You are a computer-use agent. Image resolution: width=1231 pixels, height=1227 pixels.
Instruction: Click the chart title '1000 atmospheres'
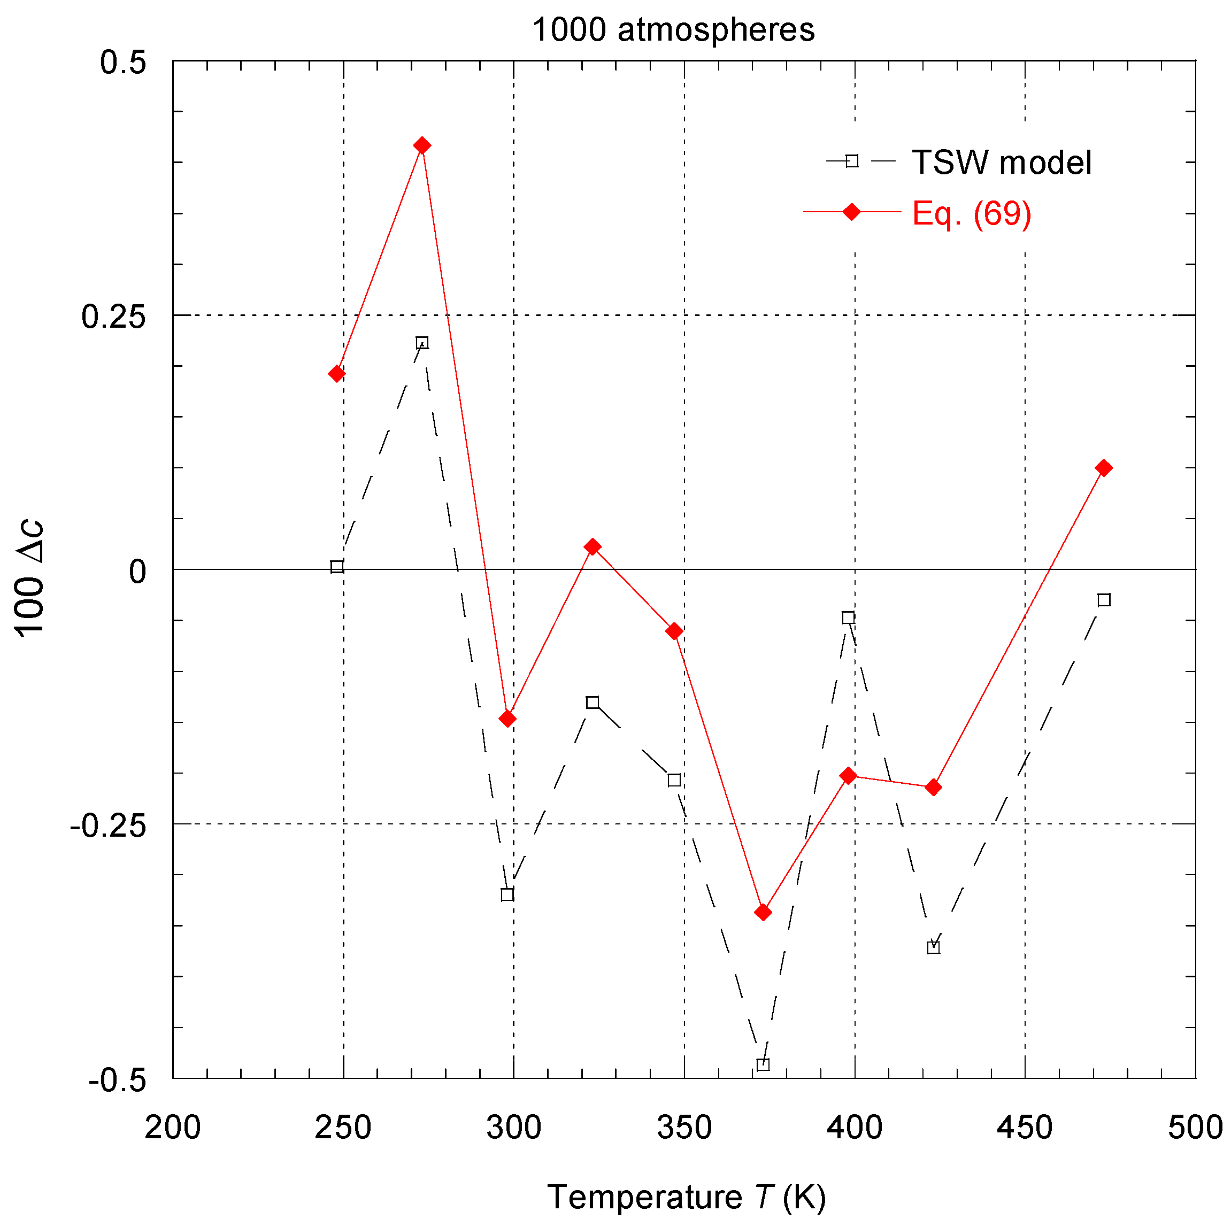[x=673, y=30]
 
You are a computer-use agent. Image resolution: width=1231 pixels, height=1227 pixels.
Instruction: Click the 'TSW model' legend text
[x=1002, y=163]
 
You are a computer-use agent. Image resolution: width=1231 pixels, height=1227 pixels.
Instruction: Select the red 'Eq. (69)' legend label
[x=972, y=213]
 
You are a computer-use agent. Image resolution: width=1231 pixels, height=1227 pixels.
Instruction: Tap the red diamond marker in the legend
[x=851, y=212]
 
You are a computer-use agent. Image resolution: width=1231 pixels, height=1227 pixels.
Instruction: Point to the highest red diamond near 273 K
[x=422, y=146]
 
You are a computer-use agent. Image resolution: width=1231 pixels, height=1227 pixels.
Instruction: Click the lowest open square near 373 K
[x=763, y=1064]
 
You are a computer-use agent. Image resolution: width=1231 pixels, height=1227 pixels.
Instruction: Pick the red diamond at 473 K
[x=1104, y=468]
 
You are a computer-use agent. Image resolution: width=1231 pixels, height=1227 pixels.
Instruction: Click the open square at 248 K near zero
[x=337, y=566]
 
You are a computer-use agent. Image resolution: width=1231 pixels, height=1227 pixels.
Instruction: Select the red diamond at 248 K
[x=337, y=373]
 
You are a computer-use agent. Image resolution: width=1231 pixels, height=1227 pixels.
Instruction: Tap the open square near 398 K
[x=848, y=618]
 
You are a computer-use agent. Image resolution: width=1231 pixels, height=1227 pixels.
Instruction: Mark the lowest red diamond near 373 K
[x=763, y=912]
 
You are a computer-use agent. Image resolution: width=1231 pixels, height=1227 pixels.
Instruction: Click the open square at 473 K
[x=1104, y=599]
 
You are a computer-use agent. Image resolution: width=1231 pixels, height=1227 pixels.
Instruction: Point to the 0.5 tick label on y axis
[x=123, y=63]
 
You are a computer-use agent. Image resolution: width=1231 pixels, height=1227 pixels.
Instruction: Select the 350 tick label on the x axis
[x=684, y=1128]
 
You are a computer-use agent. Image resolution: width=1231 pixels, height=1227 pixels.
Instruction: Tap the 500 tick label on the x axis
[x=1195, y=1128]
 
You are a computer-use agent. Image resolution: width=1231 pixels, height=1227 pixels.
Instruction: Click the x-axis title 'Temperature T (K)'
[x=686, y=1197]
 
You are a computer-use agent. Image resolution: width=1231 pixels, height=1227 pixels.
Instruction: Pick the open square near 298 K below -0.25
[x=507, y=894]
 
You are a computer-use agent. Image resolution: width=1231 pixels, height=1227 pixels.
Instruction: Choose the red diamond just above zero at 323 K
[x=593, y=546]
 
